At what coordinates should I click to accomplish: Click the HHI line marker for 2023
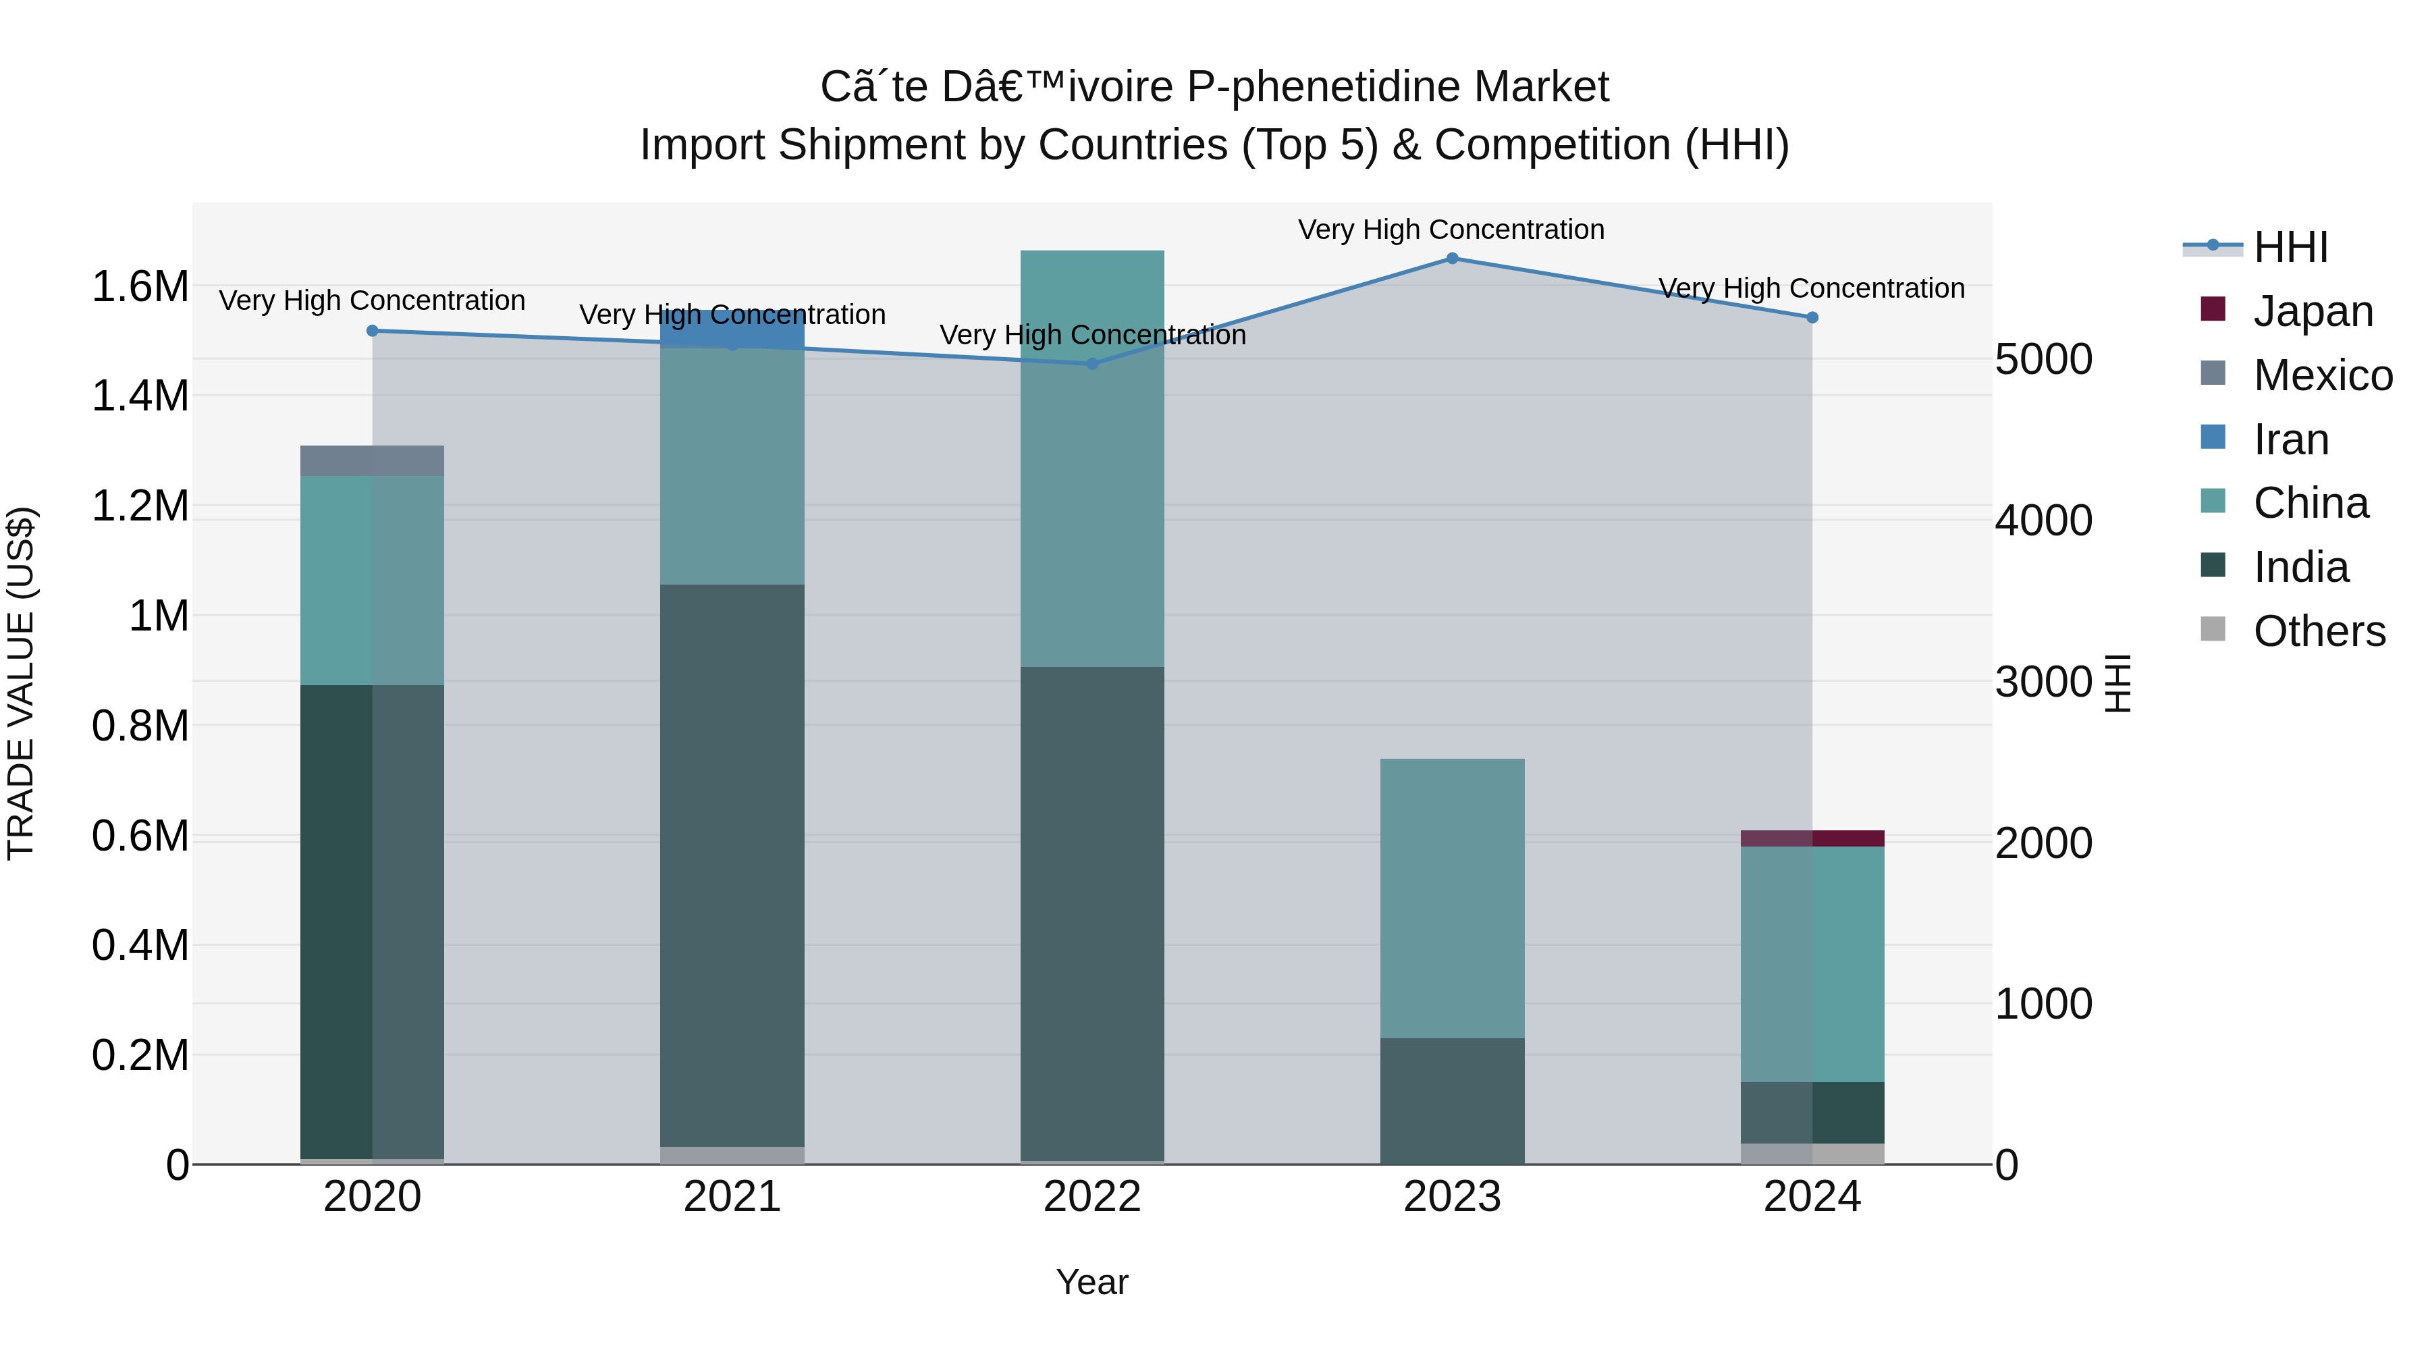coord(1452,259)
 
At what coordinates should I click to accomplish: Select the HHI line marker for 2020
coord(372,331)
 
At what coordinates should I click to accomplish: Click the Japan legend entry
coord(2311,311)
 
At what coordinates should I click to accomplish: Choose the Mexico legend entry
coord(2321,375)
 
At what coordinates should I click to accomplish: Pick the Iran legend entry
coord(2290,439)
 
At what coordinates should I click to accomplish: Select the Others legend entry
coord(2318,631)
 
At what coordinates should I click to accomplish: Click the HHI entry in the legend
coord(2290,247)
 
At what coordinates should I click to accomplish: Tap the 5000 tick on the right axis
coord(2044,359)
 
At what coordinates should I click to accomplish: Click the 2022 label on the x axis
coord(1091,1197)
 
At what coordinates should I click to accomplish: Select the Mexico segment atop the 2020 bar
coord(372,460)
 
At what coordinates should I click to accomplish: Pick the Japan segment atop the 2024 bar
coord(1812,838)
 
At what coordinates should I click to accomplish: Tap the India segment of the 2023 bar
coord(1452,1100)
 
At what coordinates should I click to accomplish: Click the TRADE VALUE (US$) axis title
coord(21,683)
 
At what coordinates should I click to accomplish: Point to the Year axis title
coord(1091,1282)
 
